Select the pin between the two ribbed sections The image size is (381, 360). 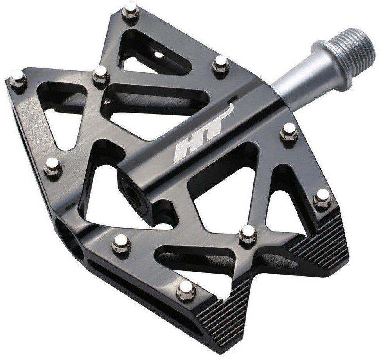pos(248,233)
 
